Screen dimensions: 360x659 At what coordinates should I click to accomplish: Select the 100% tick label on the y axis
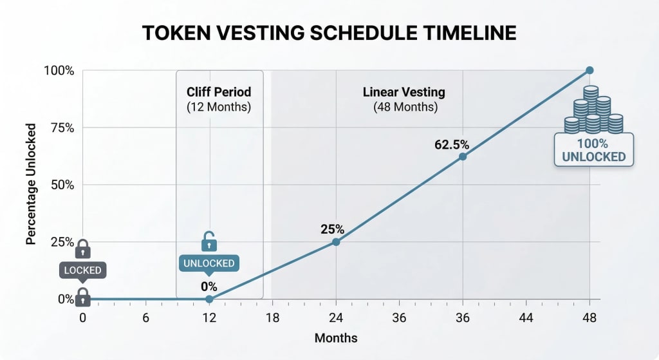[x=59, y=70]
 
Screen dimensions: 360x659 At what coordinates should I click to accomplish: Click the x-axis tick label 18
[x=272, y=317]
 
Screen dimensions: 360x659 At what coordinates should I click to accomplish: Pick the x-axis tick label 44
[x=526, y=317]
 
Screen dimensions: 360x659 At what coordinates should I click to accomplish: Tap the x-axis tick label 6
[x=145, y=317]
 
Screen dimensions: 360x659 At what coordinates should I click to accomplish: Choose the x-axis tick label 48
[x=589, y=317]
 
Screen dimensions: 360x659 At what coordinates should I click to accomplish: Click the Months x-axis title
[x=335, y=338]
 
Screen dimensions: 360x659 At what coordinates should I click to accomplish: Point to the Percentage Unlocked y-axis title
[x=30, y=185]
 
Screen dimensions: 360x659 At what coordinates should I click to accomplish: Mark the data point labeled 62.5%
[x=462, y=156]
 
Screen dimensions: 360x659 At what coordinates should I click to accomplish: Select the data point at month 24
[x=335, y=242]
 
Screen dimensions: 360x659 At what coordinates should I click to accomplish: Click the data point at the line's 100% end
[x=589, y=70]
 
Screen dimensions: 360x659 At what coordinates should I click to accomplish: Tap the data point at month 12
[x=209, y=299]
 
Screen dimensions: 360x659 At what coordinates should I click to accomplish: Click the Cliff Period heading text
[x=219, y=91]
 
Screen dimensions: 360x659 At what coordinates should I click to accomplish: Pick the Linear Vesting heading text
[x=405, y=91]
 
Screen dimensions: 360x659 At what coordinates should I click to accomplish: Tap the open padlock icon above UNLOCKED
[x=209, y=242]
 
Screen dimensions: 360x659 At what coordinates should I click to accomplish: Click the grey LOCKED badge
[x=82, y=270]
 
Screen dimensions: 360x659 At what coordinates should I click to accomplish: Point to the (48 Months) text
[x=405, y=107]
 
